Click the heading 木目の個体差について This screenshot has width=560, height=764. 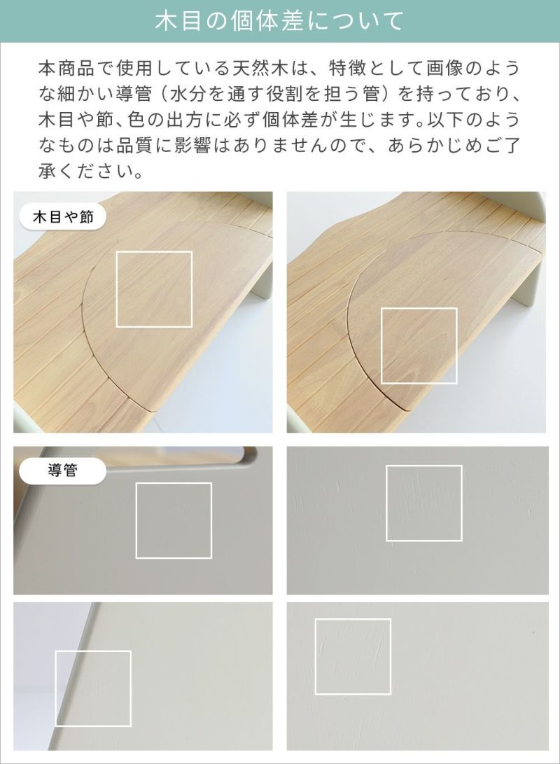[x=279, y=22]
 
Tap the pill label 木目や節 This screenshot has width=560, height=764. [x=63, y=216]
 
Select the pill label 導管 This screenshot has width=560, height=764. [x=63, y=471]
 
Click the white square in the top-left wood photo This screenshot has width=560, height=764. [x=154, y=251]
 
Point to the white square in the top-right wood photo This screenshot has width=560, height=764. [x=419, y=308]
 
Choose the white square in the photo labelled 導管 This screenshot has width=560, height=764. [x=174, y=483]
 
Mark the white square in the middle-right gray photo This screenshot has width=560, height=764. [x=424, y=466]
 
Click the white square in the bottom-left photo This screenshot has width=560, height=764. [x=93, y=651]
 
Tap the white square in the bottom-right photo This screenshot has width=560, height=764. [x=353, y=619]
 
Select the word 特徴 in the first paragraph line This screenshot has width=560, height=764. [x=347, y=68]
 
